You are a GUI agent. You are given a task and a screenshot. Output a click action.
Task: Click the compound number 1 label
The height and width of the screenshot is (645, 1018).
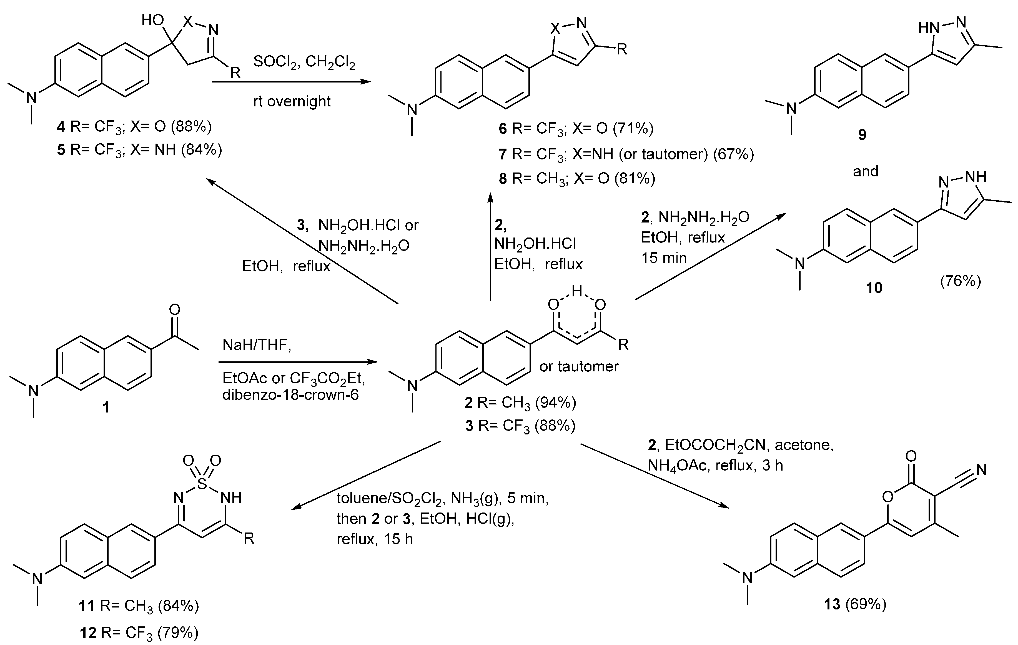(106, 407)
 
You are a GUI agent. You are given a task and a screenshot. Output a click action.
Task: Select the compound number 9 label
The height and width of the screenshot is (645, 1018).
(862, 134)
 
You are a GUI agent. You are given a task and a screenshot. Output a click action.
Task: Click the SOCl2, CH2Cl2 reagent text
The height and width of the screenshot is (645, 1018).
(304, 62)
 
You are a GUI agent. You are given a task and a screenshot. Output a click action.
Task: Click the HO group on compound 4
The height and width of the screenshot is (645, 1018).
(153, 20)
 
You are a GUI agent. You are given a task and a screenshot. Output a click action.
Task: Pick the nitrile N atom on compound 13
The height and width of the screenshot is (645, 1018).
(981, 470)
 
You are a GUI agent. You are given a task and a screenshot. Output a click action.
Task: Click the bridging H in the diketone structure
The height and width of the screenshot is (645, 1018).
(577, 291)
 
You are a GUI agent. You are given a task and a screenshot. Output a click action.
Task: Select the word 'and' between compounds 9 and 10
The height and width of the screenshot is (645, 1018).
(865, 171)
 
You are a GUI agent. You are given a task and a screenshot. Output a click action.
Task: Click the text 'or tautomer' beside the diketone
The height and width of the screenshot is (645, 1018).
(579, 366)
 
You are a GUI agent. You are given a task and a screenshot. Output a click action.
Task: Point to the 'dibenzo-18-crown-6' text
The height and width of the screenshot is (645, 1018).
(290, 395)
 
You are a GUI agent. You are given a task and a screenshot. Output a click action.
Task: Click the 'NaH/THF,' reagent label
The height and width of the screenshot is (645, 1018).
(257, 346)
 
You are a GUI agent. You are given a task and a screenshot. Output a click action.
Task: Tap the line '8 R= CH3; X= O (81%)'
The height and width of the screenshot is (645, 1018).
(577, 179)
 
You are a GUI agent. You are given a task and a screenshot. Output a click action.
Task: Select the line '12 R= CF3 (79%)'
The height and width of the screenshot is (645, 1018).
(139, 633)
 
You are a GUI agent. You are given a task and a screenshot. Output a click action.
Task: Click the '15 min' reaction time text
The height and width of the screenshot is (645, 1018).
(664, 257)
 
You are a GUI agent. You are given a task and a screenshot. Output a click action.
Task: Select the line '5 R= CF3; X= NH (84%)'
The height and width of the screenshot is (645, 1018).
(139, 150)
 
